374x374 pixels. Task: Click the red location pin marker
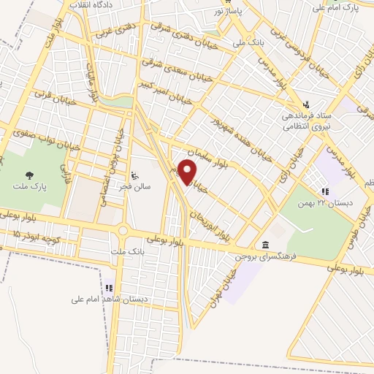[188, 172]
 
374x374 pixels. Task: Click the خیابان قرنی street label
[43, 96]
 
